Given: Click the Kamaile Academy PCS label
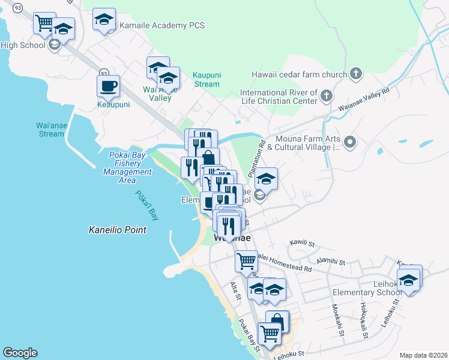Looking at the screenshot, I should click(162, 25).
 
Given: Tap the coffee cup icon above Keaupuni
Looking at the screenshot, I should click(108, 86).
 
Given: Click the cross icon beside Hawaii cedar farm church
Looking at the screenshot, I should click(355, 74).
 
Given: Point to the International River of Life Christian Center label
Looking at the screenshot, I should click(279, 97).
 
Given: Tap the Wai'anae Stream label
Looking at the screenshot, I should click(50, 130).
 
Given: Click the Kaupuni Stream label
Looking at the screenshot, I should click(206, 80).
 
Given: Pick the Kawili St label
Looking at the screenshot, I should click(302, 244).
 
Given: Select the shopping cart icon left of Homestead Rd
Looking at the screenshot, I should click(246, 261).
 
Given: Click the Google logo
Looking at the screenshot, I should click(20, 353).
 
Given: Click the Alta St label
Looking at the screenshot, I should click(235, 293).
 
